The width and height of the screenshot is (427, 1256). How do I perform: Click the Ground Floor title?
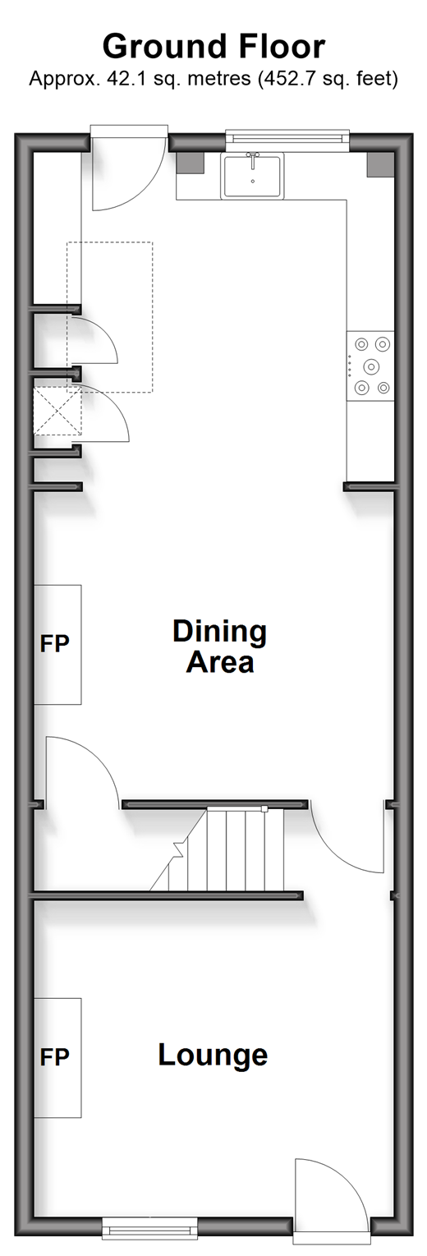pyautogui.click(x=213, y=46)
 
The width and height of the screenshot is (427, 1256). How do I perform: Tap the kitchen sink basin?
pyautogui.click(x=252, y=176)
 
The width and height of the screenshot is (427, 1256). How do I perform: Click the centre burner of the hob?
pyautogui.click(x=370, y=366)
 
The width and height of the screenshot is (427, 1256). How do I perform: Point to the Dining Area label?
pyautogui.click(x=220, y=646)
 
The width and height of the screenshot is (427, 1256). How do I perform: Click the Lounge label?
pyautogui.click(x=213, y=1055)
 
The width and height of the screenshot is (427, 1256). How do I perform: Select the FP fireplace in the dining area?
pyautogui.click(x=57, y=644)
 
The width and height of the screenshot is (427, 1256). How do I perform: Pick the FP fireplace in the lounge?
pyautogui.click(x=57, y=1057)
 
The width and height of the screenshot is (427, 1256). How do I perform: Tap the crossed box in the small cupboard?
pyautogui.click(x=57, y=411)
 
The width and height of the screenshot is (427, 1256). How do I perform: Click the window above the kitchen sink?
pyautogui.click(x=287, y=136)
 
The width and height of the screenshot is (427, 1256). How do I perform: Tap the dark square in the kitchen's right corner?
pyautogui.click(x=380, y=164)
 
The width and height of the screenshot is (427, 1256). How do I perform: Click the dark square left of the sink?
pyautogui.click(x=190, y=163)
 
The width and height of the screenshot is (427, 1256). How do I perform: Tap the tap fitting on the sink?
pyautogui.click(x=253, y=158)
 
